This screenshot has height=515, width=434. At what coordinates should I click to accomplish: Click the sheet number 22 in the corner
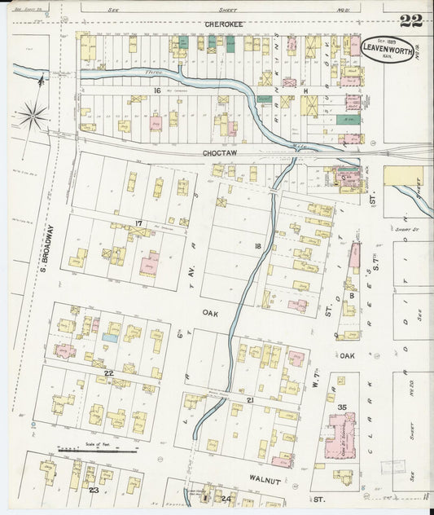point(411,20)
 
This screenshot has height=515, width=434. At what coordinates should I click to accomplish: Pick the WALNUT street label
point(265,482)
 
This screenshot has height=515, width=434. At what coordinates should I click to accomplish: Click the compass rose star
point(33,116)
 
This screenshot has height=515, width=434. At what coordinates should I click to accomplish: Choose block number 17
point(139,223)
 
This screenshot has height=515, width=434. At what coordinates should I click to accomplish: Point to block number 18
point(257,245)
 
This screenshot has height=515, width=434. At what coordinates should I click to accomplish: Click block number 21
point(252,399)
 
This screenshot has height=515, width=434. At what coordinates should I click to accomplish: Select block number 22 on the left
point(107,372)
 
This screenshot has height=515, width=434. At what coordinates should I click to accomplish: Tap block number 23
point(94,490)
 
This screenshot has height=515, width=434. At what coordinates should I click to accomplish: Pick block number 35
point(342,406)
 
